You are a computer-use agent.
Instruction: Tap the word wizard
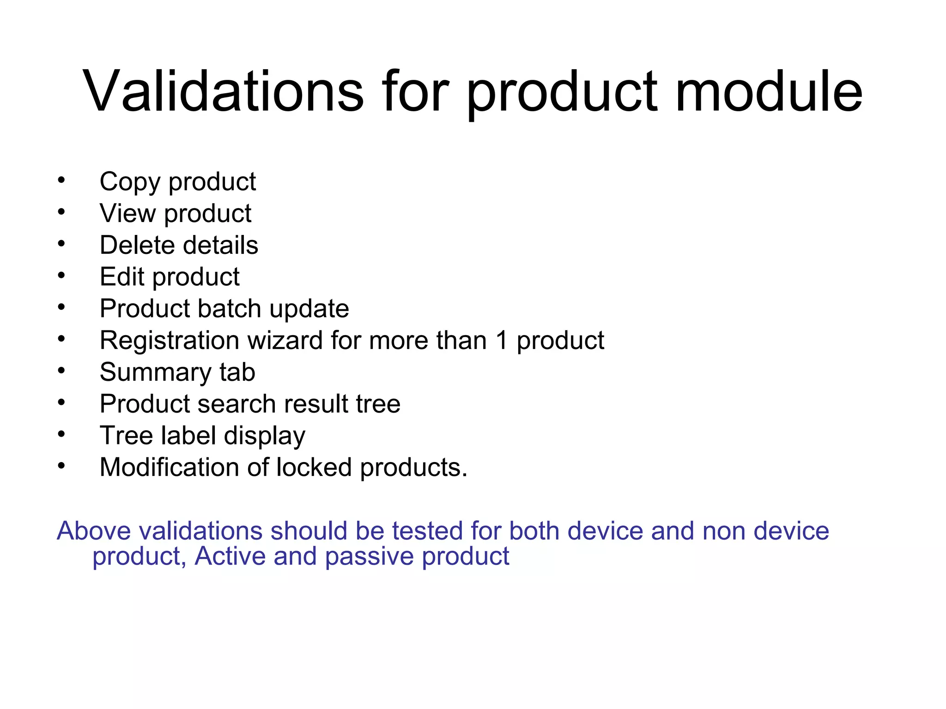point(285,341)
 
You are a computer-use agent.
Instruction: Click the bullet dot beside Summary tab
point(61,370)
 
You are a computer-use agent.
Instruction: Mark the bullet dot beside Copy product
point(61,180)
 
